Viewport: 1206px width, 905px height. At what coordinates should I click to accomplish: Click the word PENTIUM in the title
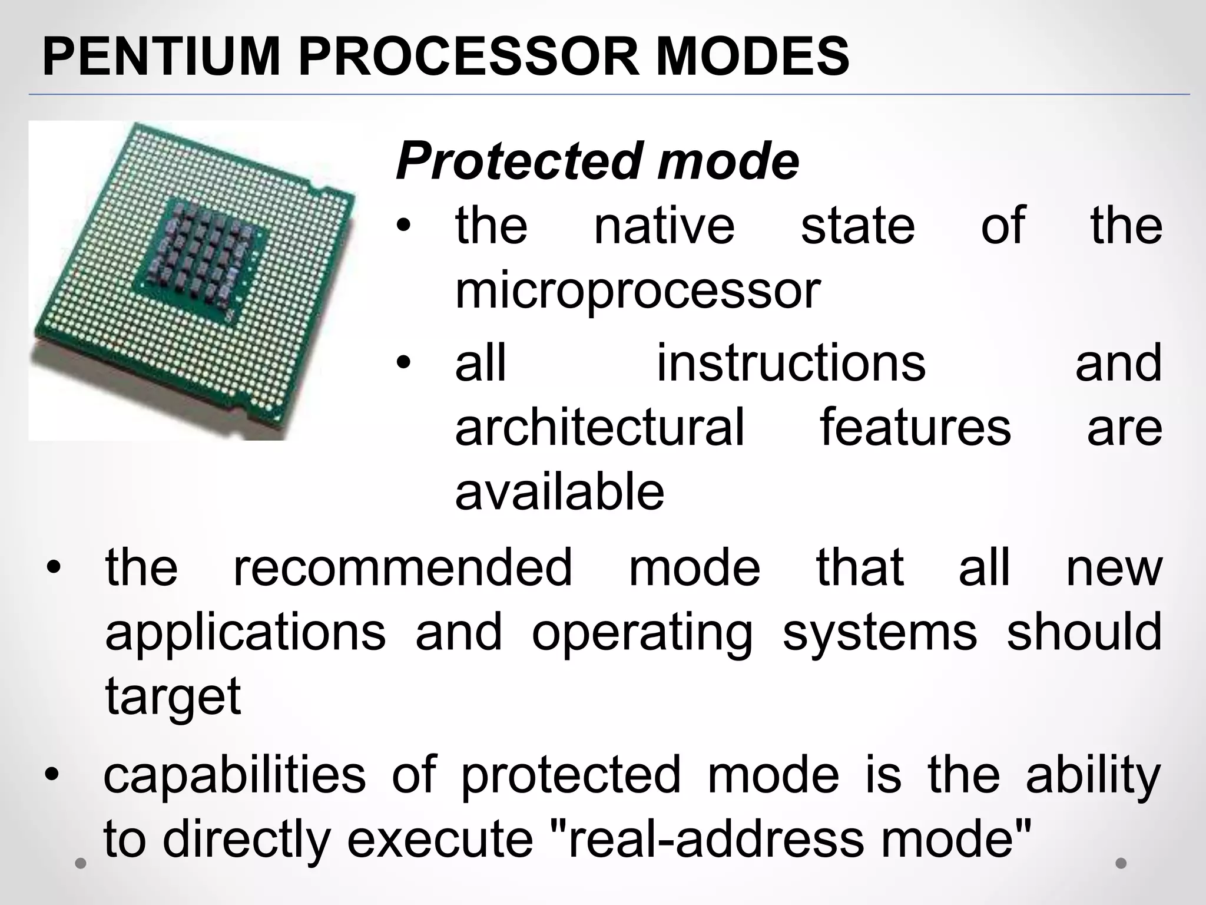[161, 57]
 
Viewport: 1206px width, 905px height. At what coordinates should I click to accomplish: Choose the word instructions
[791, 364]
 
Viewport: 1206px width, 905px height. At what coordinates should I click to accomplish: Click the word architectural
[600, 427]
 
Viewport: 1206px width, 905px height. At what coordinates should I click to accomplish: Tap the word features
[916, 427]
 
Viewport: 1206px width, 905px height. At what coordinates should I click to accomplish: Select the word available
[559, 492]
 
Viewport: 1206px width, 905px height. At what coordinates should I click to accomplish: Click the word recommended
[402, 568]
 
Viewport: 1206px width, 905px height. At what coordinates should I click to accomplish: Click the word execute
[439, 839]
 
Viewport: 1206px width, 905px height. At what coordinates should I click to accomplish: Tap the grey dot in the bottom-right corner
[1121, 863]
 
